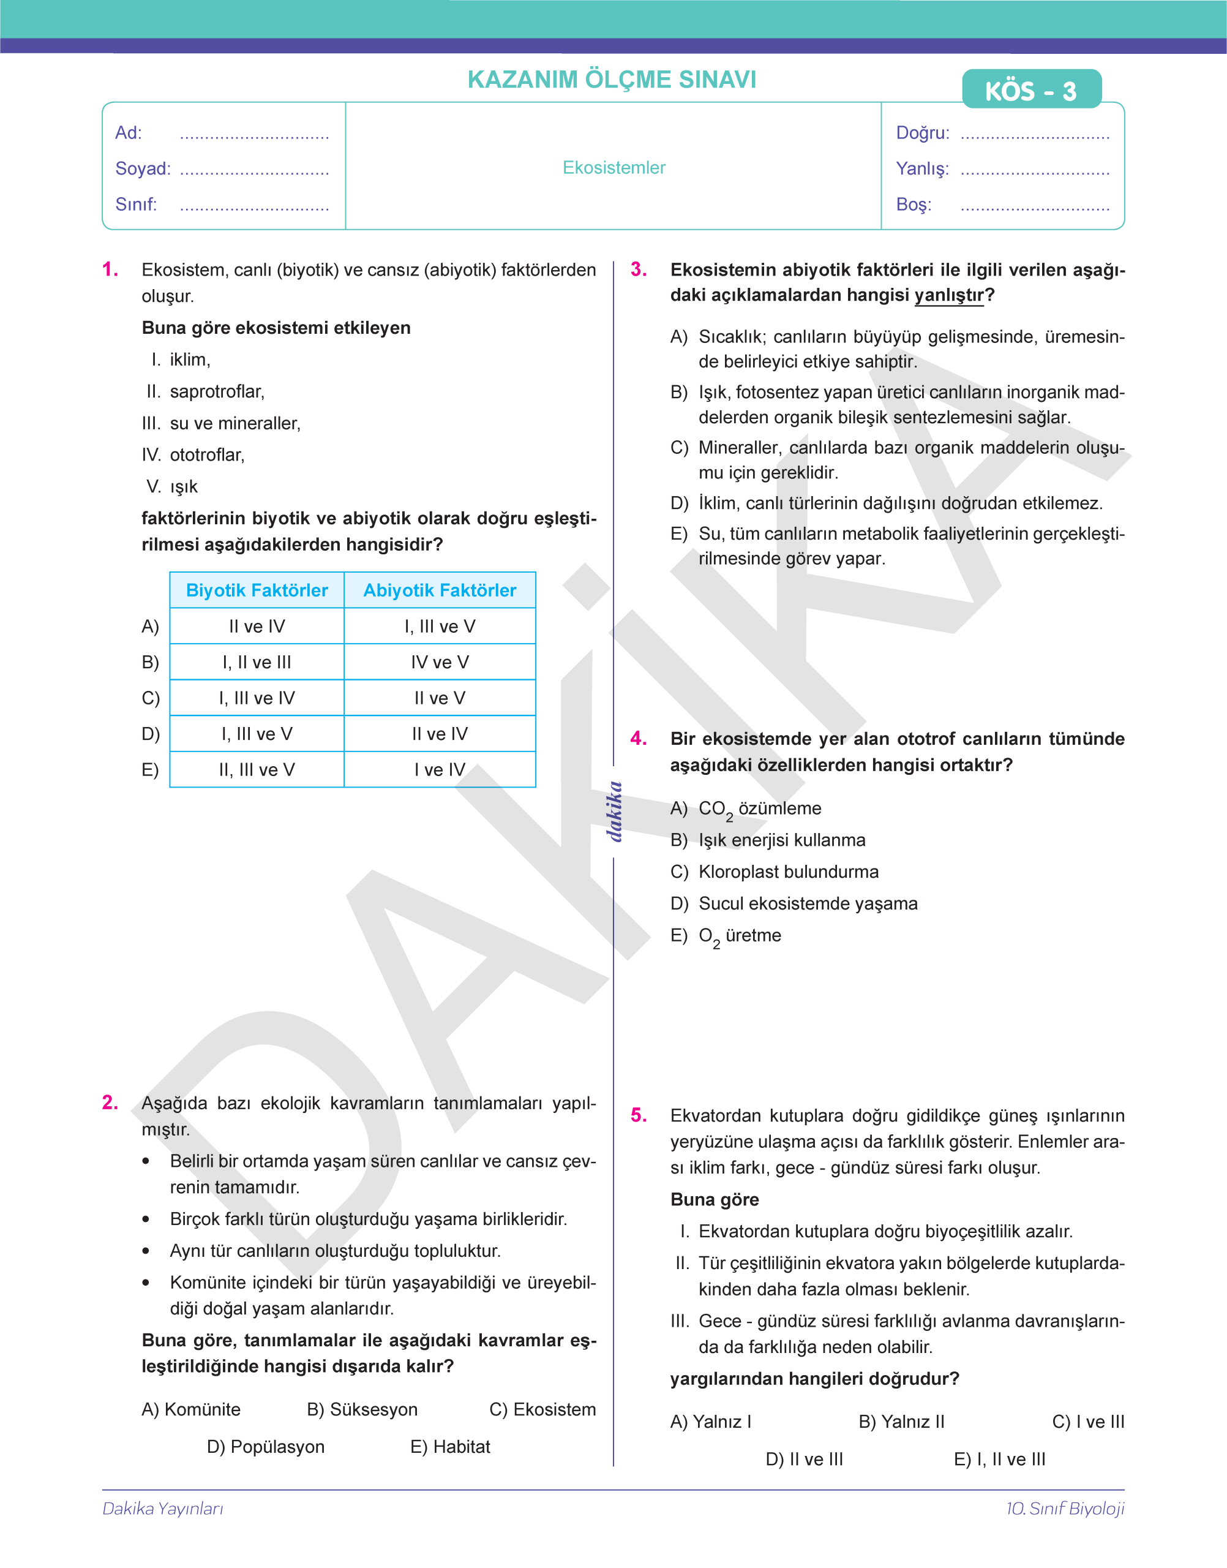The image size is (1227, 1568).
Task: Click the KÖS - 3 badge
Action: coord(1031,90)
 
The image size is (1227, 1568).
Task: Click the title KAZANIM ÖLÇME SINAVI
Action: coord(612,79)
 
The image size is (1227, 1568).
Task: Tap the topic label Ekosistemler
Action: coord(613,167)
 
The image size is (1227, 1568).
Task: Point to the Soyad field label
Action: coord(143,168)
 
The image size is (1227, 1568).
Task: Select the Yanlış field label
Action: coord(921,168)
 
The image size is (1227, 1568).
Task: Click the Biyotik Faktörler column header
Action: coord(257,590)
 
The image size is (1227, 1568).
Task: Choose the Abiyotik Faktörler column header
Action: coord(440,590)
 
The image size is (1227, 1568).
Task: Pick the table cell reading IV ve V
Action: coord(440,662)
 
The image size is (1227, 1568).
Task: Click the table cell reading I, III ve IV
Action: coord(257,698)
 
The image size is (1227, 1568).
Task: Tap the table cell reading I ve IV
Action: coord(440,770)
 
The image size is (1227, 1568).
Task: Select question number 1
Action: coord(110,269)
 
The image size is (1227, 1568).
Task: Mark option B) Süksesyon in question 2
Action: coord(362,1409)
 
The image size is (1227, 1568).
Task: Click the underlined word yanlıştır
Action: coord(949,295)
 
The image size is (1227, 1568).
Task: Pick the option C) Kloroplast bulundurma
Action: coord(775,872)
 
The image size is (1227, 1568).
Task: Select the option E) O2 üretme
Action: coord(726,936)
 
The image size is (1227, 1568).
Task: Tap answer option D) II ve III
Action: coord(804,1460)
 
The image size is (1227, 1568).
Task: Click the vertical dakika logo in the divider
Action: coord(614,812)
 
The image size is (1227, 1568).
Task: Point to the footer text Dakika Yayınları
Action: coord(163,1509)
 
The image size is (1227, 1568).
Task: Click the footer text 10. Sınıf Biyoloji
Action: coord(1065,1509)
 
